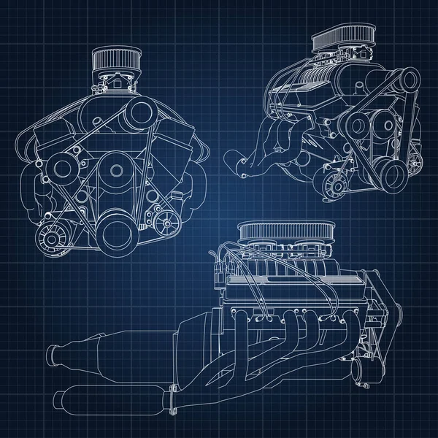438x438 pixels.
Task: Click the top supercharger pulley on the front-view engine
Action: point(134,111)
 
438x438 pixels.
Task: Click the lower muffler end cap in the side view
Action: point(61,400)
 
